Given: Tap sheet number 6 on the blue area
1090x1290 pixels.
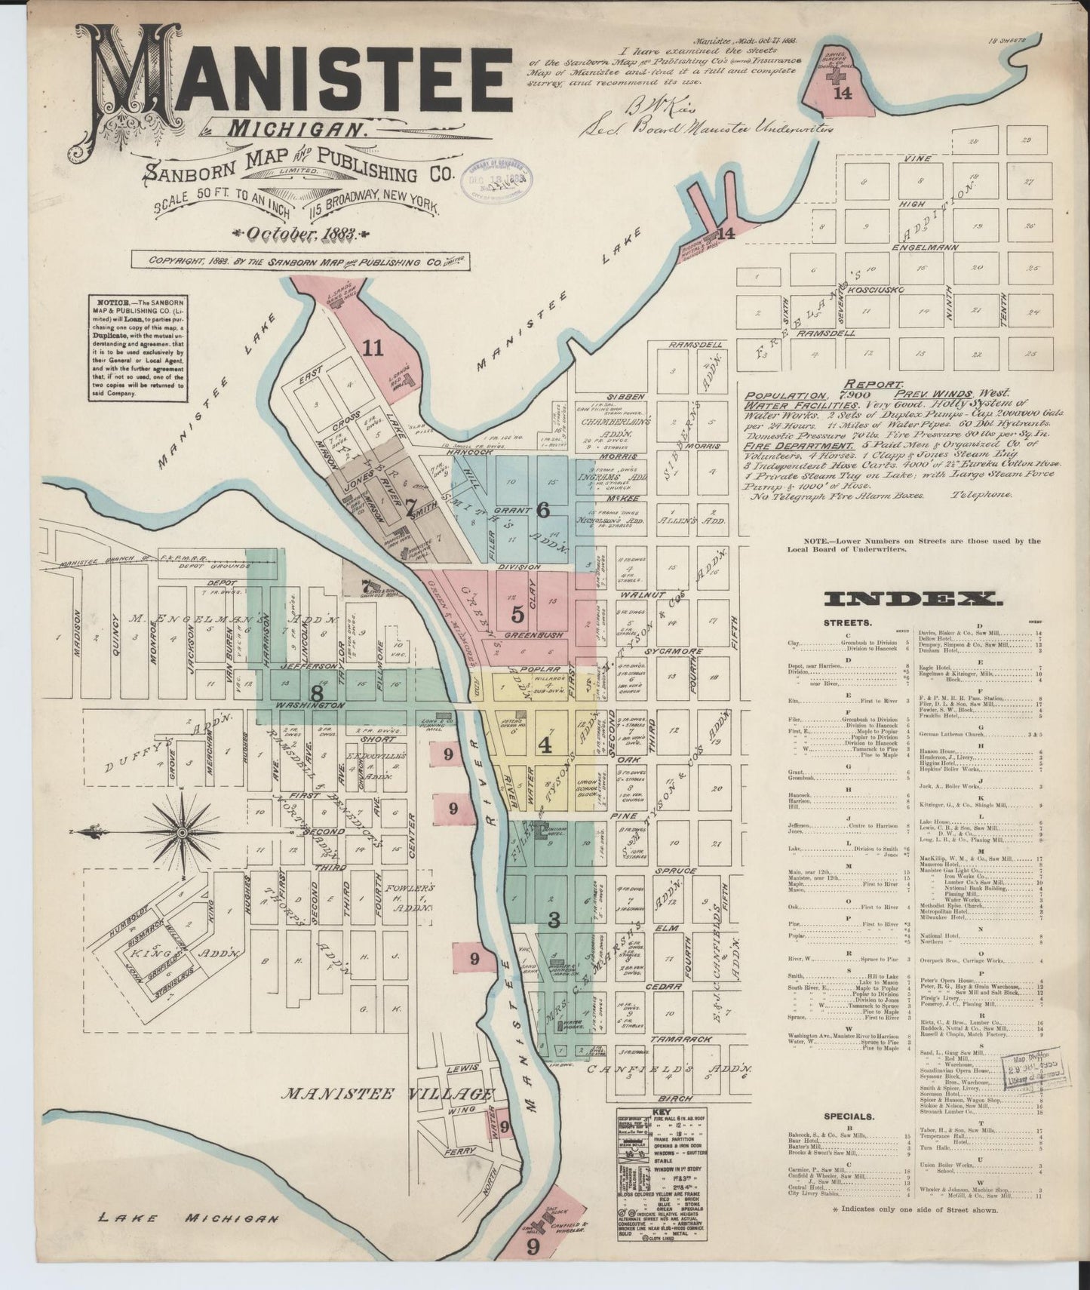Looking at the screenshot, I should click(x=542, y=510).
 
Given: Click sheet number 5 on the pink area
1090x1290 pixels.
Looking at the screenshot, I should click(x=517, y=612).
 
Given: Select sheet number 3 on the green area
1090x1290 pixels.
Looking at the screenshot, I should click(x=554, y=920).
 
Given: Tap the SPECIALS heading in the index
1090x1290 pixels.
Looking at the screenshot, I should click(x=849, y=1116).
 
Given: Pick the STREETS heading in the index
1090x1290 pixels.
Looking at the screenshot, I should click(x=849, y=623).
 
